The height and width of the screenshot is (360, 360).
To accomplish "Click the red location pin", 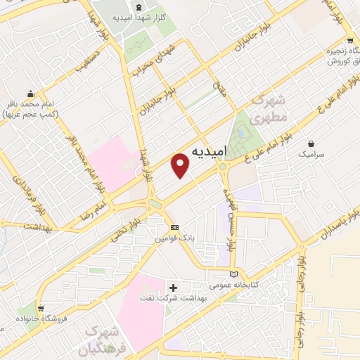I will (181, 166).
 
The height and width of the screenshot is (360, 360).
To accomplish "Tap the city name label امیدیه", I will (209, 151).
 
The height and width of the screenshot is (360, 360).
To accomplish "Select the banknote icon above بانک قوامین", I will (175, 228).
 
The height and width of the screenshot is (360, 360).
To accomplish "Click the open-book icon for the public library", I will (234, 274).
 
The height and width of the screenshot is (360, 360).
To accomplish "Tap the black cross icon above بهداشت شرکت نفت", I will (174, 287).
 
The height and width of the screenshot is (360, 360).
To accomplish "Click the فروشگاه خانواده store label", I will (32, 321).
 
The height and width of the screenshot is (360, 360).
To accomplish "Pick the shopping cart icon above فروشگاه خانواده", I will (42, 308).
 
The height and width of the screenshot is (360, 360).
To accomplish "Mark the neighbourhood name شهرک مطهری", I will (267, 109).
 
